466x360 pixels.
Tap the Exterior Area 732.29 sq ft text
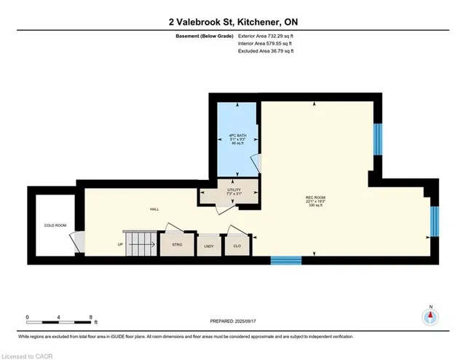(x=269, y=34)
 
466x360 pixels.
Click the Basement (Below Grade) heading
(x=205, y=34)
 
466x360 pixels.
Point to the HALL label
(x=154, y=209)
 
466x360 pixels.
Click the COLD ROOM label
(x=55, y=225)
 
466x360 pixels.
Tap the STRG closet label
(x=177, y=246)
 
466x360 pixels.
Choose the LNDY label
(x=209, y=246)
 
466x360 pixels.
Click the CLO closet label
(x=237, y=246)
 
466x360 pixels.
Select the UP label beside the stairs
(x=120, y=244)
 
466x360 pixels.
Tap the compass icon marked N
(x=430, y=317)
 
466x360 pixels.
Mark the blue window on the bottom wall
(x=286, y=259)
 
